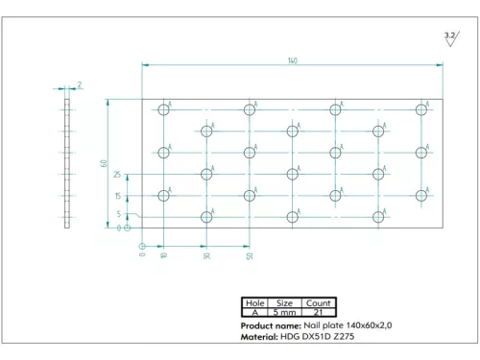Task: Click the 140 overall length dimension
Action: point(292,60)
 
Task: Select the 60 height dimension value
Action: point(103,162)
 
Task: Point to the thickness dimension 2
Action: point(80,84)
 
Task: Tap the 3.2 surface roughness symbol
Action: point(450,36)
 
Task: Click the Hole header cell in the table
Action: point(254,302)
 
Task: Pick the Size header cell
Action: point(285,302)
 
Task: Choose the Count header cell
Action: point(318,302)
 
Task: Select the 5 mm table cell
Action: point(285,312)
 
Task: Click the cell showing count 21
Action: point(318,312)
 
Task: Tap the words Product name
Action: point(270,326)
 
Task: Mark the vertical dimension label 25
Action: point(117,176)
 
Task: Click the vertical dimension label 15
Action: point(117,196)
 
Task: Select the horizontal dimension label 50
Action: point(250,256)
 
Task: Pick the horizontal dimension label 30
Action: point(206,256)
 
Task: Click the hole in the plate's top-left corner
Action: point(163,110)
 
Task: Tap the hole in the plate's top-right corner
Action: point(422,110)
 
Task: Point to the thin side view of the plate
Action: point(67,163)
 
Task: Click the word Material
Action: point(258,337)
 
